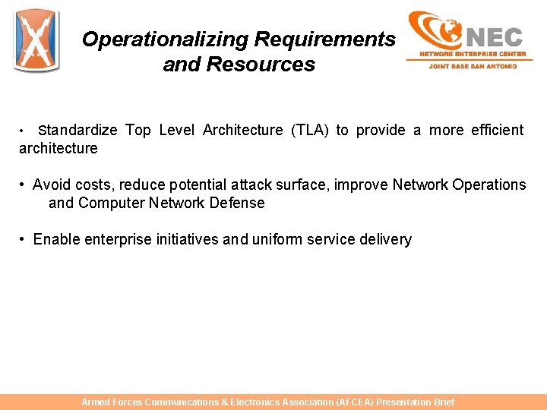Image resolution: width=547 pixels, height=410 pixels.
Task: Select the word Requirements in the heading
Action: pyautogui.click(x=325, y=39)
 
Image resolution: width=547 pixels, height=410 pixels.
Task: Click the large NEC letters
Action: pyautogui.click(x=494, y=36)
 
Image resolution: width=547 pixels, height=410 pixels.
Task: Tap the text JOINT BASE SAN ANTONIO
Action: pyautogui.click(x=473, y=66)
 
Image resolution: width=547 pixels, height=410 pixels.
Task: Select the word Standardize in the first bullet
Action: pyautogui.click(x=77, y=131)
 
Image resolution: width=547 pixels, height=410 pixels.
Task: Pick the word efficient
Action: pyautogui.click(x=497, y=131)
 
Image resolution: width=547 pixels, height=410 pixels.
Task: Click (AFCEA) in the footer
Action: pyautogui.click(x=353, y=402)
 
